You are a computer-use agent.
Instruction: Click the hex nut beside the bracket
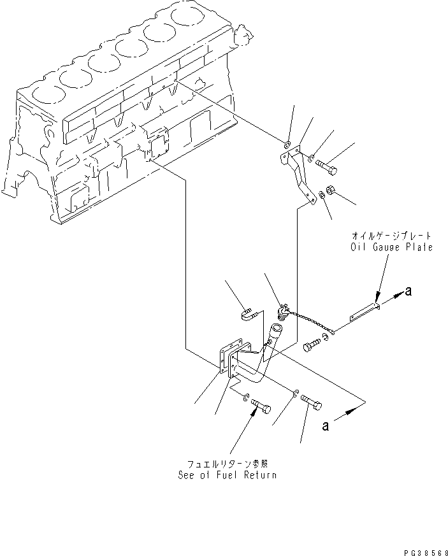click(331, 189)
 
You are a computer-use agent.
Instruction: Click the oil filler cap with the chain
click(282, 312)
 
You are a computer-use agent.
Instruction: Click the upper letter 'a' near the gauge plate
click(408, 292)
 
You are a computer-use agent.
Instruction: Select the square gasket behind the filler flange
click(225, 360)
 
